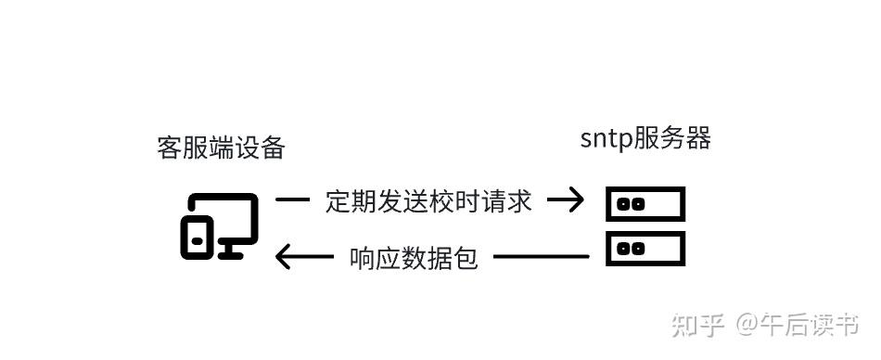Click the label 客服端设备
point(221,148)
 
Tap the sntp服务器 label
point(645,139)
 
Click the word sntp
point(606,140)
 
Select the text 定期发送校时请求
point(428,200)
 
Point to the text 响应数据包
point(414,257)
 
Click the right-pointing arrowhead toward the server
point(571,199)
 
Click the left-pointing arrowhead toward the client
point(289,256)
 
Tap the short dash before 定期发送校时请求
point(292,199)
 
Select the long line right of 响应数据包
point(542,256)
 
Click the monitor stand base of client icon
point(232,253)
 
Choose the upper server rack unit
point(645,204)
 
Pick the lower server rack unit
point(645,248)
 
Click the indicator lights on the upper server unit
point(631,204)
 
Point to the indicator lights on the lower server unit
point(631,248)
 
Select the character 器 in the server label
point(697,139)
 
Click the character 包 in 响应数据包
point(466,257)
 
